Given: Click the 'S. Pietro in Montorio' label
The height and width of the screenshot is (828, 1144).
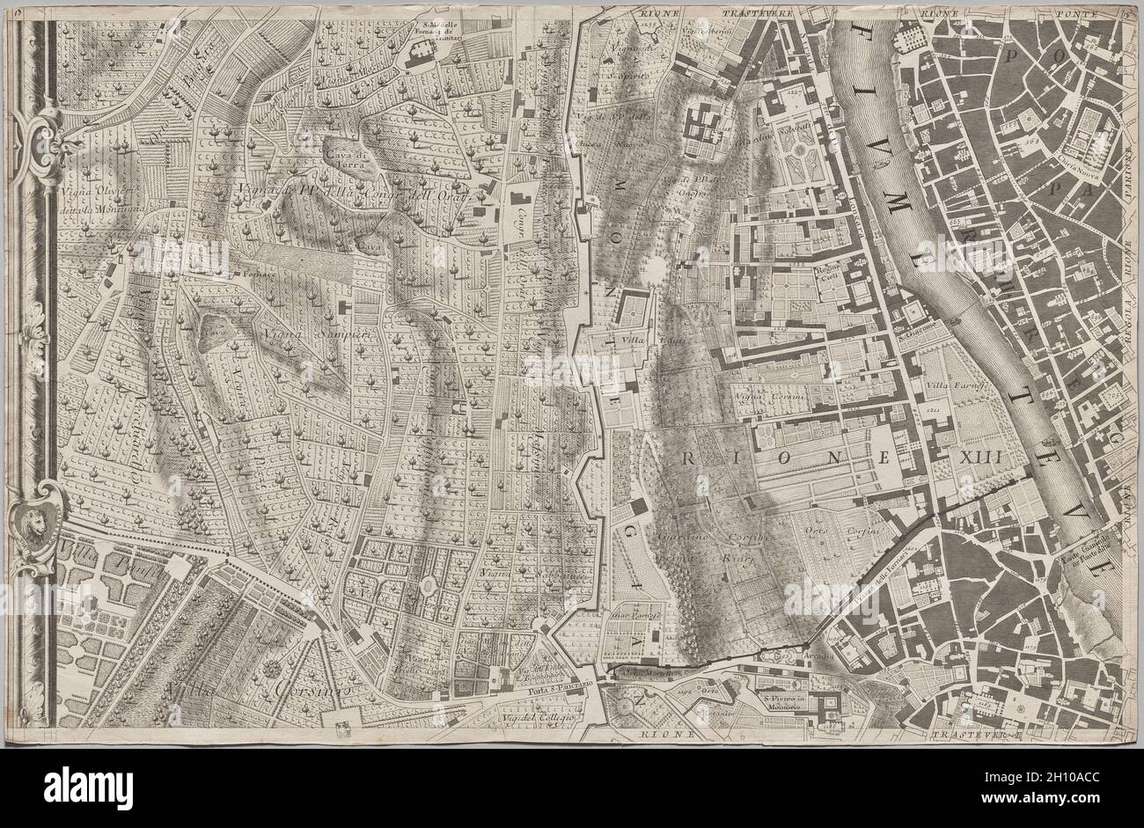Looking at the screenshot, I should click(x=784, y=699).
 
